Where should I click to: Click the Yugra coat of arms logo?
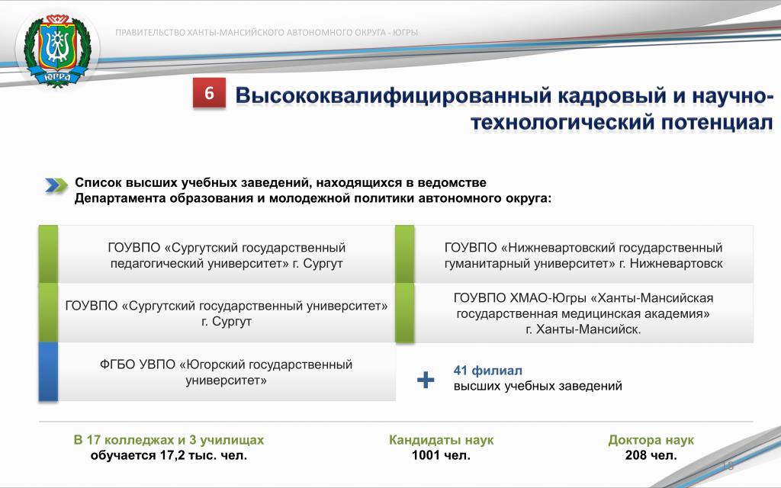pos(58,50)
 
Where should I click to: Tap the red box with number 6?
pos(209,92)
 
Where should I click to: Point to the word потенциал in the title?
pos(717,123)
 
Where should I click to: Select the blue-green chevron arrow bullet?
pos(56,185)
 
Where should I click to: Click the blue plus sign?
pos(426,380)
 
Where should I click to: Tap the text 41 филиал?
pos(487,371)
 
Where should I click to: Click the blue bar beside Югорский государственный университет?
pos(48,371)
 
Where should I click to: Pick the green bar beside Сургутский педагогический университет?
pos(48,254)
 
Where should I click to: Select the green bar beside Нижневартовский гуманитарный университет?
pos(404,254)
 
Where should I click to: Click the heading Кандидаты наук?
pos(442,440)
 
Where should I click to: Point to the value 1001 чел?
pos(441,455)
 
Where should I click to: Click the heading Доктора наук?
pos(651,440)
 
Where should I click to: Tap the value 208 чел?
pos(651,455)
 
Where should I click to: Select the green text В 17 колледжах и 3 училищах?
pos(169,440)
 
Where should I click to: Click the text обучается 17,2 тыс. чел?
pos(169,455)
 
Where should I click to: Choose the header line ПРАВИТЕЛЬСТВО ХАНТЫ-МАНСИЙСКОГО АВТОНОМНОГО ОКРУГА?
pos(266,33)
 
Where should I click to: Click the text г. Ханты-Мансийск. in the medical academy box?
pos(583,329)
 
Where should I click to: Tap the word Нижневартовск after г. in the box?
pos(676,263)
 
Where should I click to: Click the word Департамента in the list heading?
pos(120,198)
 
